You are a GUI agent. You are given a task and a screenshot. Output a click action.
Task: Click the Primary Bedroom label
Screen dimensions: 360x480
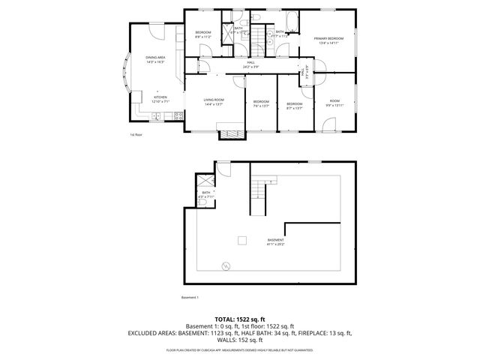pyautogui.click(x=329, y=40)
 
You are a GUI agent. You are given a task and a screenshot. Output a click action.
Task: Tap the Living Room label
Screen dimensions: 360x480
pyautogui.click(x=214, y=101)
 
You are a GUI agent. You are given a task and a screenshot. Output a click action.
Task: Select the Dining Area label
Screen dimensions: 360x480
pyautogui.click(x=155, y=59)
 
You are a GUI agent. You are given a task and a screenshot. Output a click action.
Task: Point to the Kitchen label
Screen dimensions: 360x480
pyautogui.click(x=160, y=98)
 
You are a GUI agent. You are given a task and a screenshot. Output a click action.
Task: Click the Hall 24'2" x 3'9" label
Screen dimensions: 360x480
pyautogui.click(x=240, y=64)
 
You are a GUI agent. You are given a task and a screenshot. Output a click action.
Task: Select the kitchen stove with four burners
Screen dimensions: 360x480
pyautogui.click(x=178, y=115)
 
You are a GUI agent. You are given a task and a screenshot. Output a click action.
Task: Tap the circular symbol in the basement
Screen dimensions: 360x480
pyautogui.click(x=224, y=265)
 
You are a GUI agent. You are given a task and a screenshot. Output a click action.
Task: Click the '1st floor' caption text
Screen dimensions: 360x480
pyautogui.click(x=136, y=135)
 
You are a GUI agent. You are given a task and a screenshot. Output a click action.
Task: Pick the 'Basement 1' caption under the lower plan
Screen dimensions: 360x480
pyautogui.click(x=191, y=297)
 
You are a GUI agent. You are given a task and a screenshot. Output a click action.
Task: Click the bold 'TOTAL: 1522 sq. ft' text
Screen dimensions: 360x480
pyautogui.click(x=240, y=319)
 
